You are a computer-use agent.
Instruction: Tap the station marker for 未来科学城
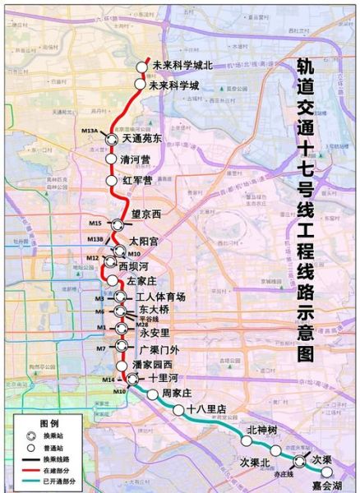(141, 85)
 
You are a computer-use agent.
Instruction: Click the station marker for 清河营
(111, 159)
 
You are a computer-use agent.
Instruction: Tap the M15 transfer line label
(95, 223)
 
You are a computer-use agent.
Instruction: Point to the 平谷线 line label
(147, 320)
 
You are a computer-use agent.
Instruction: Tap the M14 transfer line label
(108, 379)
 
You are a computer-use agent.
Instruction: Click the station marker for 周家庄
(153, 395)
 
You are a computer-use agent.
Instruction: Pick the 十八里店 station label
(205, 408)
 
